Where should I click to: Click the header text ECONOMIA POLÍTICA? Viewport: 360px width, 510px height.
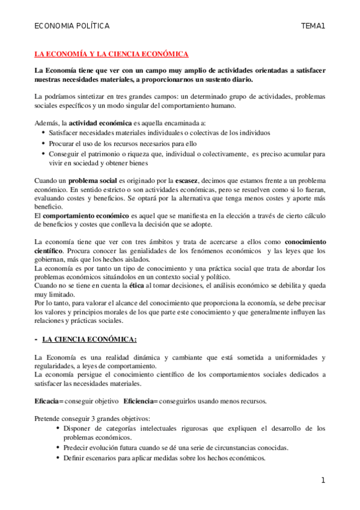72,26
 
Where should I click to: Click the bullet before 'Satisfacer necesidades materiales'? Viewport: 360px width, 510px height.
41,133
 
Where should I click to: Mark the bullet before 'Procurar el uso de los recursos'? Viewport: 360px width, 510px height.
41,143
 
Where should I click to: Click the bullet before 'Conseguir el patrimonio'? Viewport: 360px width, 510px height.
41,153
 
